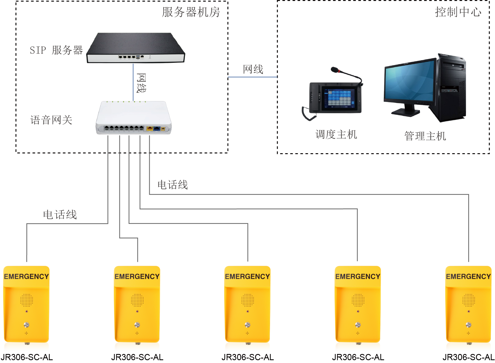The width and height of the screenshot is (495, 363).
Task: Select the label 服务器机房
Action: (x=191, y=12)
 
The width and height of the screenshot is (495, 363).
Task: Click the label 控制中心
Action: (x=458, y=12)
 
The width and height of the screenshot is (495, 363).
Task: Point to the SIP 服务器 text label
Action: (x=56, y=50)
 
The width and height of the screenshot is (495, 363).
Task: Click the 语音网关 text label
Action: (x=51, y=120)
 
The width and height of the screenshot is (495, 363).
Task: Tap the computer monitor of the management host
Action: (x=410, y=80)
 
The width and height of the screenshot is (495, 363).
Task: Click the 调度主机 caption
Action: (x=336, y=134)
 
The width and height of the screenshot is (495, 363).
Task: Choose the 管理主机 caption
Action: (x=425, y=136)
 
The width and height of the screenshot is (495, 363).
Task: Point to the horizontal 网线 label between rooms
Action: (x=253, y=69)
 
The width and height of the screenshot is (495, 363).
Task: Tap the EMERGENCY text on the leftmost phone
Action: (x=26, y=277)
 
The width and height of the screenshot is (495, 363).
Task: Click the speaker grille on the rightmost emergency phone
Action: (x=469, y=300)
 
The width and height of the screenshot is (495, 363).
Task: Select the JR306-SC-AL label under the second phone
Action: (x=137, y=357)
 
